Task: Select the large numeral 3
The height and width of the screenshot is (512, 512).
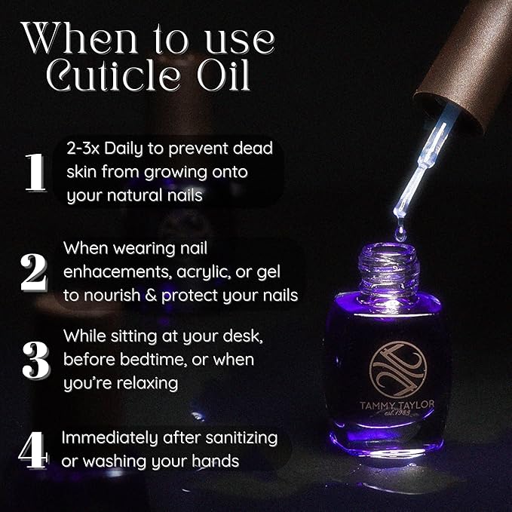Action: tap(34, 360)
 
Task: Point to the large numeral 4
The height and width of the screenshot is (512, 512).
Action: tap(33, 449)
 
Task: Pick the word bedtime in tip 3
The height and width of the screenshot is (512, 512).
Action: tap(145, 359)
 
